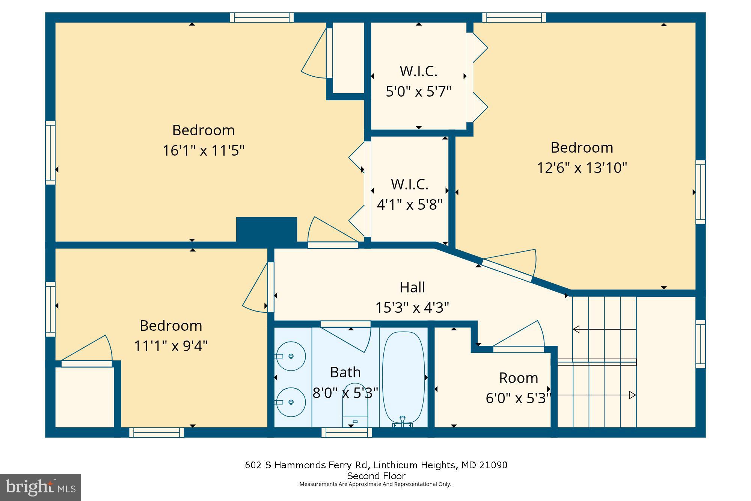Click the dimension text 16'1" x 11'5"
point(203,151)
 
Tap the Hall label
point(412,288)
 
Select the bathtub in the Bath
point(403,378)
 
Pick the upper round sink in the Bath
point(291,356)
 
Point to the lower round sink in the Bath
point(291,402)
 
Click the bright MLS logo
point(41,487)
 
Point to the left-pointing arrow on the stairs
point(576,330)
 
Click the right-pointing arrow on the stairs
point(632,395)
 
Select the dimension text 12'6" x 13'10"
point(582,168)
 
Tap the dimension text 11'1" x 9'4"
point(171,346)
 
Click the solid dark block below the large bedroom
point(267,229)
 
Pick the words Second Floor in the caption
point(376,476)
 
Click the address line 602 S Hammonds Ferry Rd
point(376,465)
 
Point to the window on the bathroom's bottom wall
point(347,433)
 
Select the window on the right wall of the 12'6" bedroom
point(700,192)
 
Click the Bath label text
point(345,372)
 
